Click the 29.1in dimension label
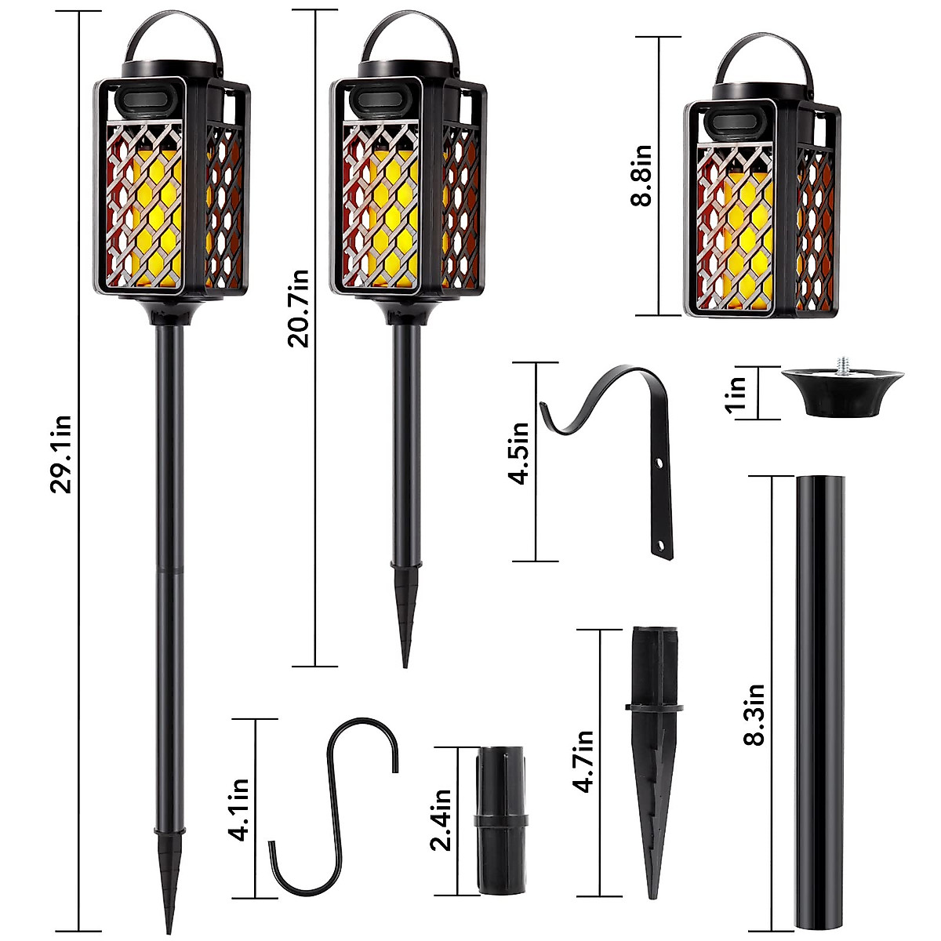pos(61,454)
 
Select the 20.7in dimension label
pos(299,307)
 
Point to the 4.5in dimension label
pos(519,452)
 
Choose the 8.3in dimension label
pos(754,714)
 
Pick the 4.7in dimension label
pos(583,761)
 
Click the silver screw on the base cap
pos(844,365)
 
